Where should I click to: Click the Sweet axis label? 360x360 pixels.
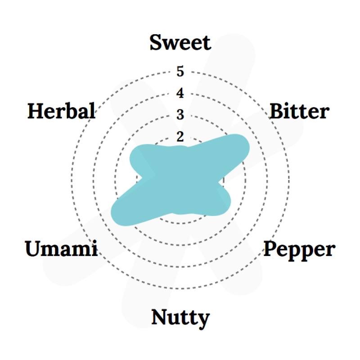pos(180,42)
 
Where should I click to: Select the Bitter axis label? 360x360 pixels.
pos(299,111)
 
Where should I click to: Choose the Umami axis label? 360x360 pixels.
pos(61,248)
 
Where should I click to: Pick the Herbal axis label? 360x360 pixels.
pos(61,111)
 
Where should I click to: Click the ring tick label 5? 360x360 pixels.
pos(180,71)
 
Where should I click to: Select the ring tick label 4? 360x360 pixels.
pos(180,93)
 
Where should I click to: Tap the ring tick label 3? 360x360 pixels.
pos(180,114)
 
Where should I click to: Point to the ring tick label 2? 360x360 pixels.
pos(180,137)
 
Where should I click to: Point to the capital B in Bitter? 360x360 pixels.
pos(277,111)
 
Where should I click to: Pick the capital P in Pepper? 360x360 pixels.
pos(271,248)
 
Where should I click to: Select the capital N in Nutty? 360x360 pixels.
pos(161,317)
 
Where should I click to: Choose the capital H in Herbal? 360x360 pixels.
pos(37,111)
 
